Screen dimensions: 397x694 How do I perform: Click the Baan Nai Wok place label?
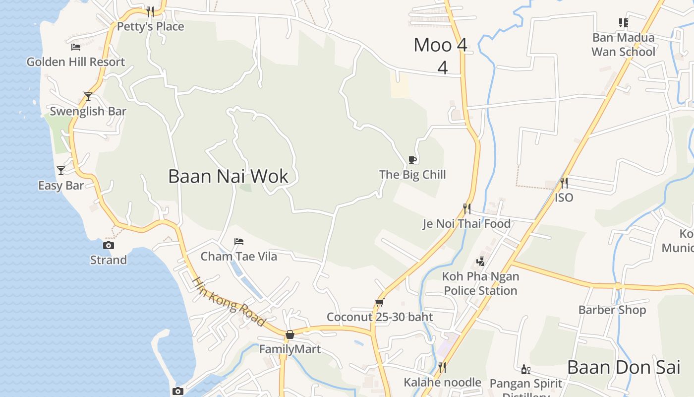coord(228,177)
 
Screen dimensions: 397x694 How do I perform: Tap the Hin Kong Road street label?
coord(229,302)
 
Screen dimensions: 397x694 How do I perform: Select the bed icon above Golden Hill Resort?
coord(75,47)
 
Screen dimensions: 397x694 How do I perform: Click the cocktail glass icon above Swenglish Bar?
coord(88,96)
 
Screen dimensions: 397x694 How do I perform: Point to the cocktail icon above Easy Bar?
coord(61,171)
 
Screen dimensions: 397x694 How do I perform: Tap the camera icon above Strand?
coord(109,245)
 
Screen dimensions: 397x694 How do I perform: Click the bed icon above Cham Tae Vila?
coord(239,242)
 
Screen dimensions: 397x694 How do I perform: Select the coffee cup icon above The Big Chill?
coord(412,160)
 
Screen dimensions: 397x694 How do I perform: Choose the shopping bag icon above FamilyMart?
coord(290,334)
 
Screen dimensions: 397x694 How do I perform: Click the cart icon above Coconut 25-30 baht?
coord(380,302)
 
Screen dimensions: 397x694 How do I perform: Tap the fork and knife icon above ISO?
coord(564,183)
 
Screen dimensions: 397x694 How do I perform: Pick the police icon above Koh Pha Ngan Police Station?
coord(480,261)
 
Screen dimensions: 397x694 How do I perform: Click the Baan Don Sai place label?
coord(624,368)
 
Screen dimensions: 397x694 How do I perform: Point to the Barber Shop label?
coord(612,310)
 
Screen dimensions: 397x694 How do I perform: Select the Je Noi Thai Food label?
coord(466,224)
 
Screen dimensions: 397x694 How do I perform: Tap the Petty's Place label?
coord(150,26)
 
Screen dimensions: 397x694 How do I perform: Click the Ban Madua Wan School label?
coord(623,45)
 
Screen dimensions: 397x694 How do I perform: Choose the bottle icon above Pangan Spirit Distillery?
coord(526,369)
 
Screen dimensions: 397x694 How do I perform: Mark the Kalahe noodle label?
coord(442,383)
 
